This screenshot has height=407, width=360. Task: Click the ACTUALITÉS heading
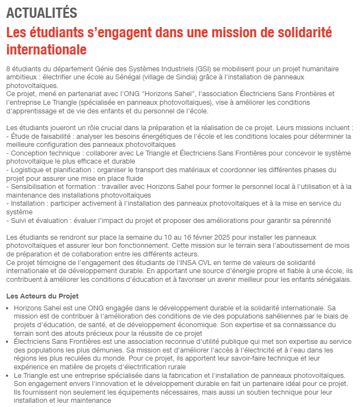[x=42, y=13]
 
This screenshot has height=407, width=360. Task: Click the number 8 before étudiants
[x=8, y=70]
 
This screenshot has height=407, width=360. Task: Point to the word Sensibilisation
[x=33, y=187]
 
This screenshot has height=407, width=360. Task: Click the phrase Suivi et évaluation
[x=38, y=220]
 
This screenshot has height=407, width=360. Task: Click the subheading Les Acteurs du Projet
[x=42, y=296]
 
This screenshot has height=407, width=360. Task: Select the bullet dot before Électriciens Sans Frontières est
[x=8, y=342]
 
